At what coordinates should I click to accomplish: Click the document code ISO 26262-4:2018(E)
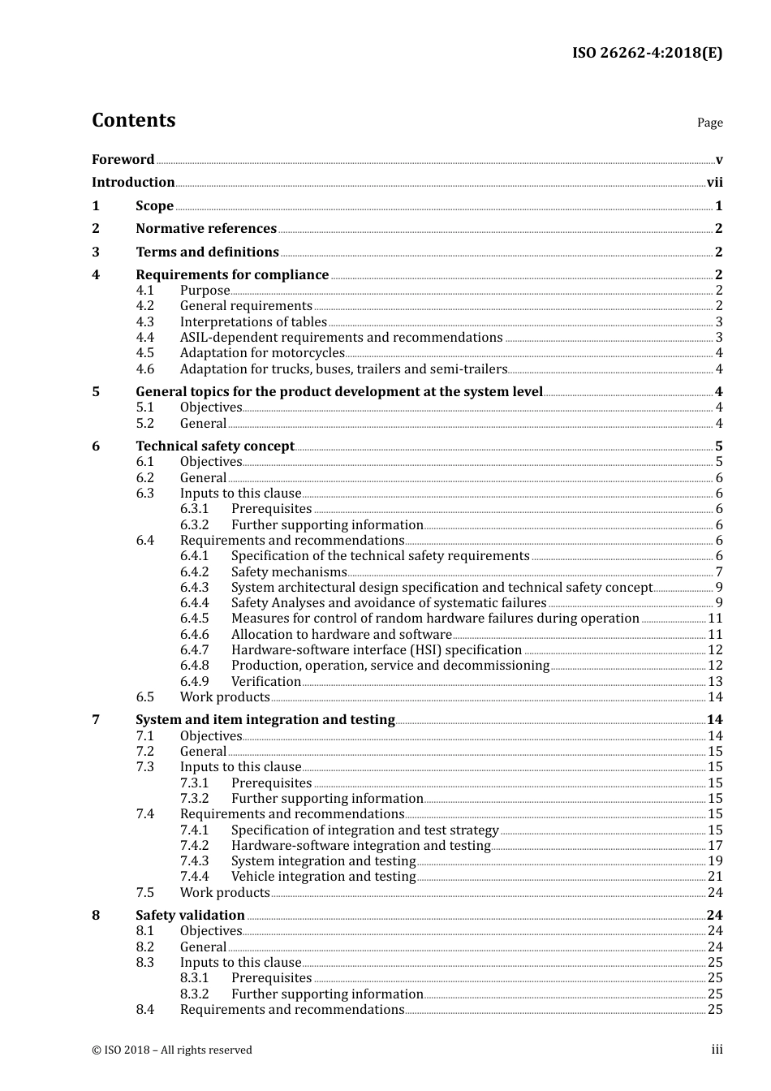click(647, 53)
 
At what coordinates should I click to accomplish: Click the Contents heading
click(134, 120)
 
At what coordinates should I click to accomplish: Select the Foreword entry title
click(123, 160)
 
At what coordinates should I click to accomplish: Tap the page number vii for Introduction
click(714, 183)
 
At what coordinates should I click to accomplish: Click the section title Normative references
click(206, 229)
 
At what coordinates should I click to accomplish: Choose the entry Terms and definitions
click(207, 252)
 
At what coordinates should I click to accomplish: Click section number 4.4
click(145, 338)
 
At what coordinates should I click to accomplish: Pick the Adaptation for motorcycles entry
click(262, 353)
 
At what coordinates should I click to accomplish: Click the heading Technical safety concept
click(215, 446)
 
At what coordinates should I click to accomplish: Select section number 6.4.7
click(195, 650)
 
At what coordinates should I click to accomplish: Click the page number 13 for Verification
click(715, 682)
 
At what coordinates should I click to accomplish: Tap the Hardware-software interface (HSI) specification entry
click(377, 650)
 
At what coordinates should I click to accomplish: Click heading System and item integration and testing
click(265, 720)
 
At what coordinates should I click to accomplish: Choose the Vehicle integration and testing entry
click(323, 877)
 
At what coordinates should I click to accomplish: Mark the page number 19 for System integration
click(715, 861)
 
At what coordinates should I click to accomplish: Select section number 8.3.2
click(195, 994)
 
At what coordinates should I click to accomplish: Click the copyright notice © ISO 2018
click(172, 1050)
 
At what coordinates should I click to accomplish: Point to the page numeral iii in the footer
click(717, 1050)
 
